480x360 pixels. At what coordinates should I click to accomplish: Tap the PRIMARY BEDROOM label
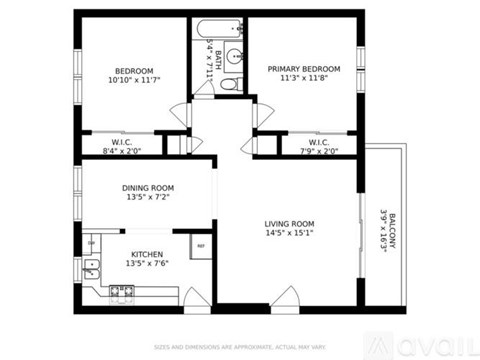tap(303, 69)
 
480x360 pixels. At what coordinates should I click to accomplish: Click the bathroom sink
tap(234, 57)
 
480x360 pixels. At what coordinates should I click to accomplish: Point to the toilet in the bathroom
tap(229, 84)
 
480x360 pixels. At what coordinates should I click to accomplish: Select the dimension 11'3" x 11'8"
tap(303, 79)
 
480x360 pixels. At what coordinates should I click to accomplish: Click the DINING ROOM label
tap(148, 187)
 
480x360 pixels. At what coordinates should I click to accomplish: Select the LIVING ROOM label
tap(289, 223)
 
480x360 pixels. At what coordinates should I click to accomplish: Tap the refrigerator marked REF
tap(200, 245)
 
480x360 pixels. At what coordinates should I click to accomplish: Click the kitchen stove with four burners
tap(121, 291)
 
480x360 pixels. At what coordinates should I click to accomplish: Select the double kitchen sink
tap(90, 267)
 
